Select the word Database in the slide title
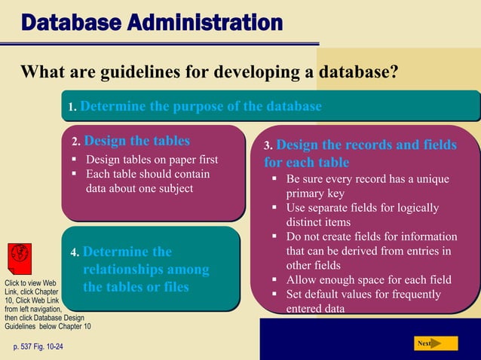pos(72,23)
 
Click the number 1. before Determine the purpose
pos(72,108)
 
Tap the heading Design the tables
pos(136,140)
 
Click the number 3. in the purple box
pos(268,145)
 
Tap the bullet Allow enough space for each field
pos(369,280)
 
